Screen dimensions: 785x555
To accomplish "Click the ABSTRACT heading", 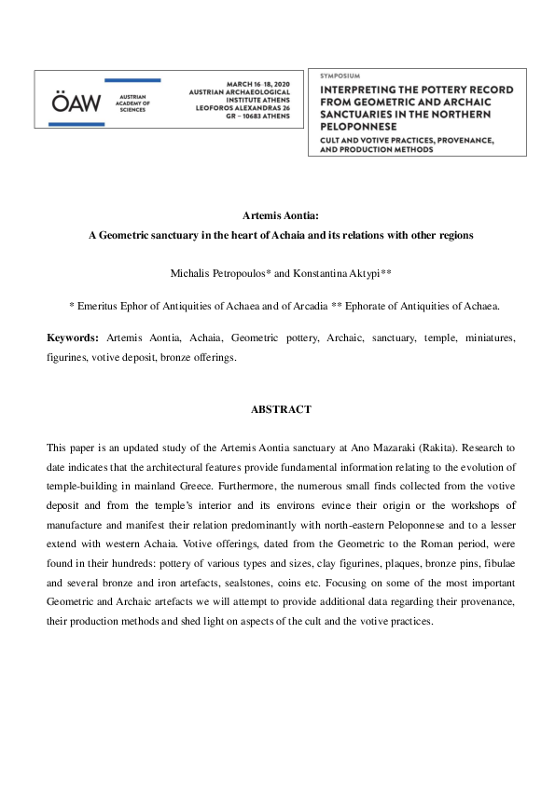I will [x=281, y=409].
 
